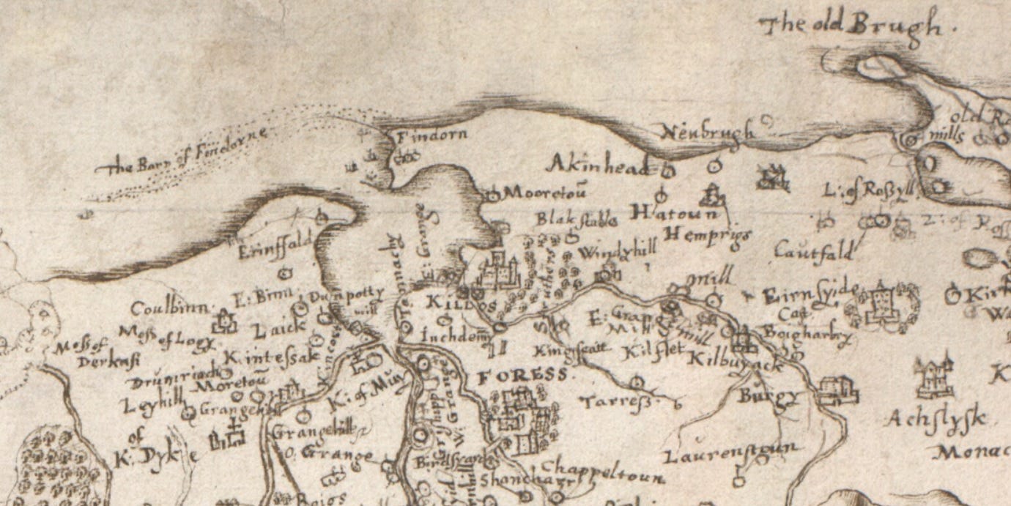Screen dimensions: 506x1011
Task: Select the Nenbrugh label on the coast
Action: pyautogui.click(x=708, y=133)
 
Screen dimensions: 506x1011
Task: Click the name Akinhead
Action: pyautogui.click(x=599, y=164)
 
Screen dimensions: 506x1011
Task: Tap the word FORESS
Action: pyautogui.click(x=522, y=376)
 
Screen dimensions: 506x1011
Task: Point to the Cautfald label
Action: pyautogui.click(x=814, y=253)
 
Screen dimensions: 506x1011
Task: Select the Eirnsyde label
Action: pyautogui.click(x=807, y=295)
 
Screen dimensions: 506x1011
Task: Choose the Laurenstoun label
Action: pyautogui.click(x=730, y=454)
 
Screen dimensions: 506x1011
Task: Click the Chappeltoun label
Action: pyautogui.click(x=603, y=472)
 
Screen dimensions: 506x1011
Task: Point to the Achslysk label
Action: pyautogui.click(x=935, y=420)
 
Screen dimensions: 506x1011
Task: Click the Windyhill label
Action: pyautogui.click(x=616, y=253)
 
